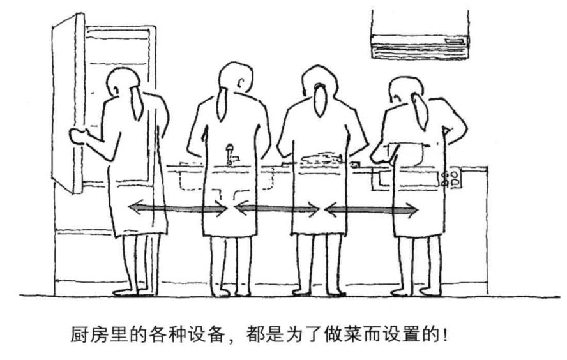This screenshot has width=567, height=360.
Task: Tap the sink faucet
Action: click(x=231, y=154)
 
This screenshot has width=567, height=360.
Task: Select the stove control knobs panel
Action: click(x=451, y=179)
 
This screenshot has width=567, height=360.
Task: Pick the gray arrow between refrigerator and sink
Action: click(x=178, y=208)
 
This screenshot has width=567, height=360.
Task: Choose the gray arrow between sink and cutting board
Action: click(x=277, y=209)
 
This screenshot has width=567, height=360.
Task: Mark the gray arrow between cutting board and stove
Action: click(x=372, y=209)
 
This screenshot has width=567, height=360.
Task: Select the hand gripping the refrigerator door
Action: click(x=78, y=136)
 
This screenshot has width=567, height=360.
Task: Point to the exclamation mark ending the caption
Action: click(x=445, y=335)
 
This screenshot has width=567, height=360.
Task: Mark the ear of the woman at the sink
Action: click(x=240, y=83)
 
